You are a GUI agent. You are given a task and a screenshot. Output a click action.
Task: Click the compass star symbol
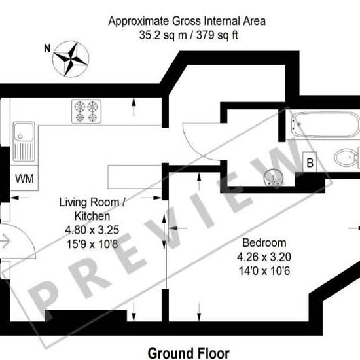coord(71,59)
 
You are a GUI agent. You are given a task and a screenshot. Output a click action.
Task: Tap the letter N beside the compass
coord(47,48)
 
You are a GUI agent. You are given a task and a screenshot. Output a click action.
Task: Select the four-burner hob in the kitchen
coord(86,111)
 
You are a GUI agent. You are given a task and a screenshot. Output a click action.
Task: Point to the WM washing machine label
coord(24,179)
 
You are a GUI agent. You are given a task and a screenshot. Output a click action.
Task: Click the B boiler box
coord(310,162)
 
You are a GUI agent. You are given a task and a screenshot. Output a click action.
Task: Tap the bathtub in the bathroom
coord(325,124)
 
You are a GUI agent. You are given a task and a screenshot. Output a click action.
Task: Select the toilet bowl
coord(347,158)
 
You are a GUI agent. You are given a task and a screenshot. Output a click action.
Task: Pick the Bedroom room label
coord(264,243)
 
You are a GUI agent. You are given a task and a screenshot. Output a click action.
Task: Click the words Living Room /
coord(92,202)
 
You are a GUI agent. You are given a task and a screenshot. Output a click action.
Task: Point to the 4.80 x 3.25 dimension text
coord(92,230)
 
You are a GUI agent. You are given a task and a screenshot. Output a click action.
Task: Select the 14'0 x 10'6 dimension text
coord(264,271)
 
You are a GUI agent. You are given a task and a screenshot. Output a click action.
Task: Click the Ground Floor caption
coord(189,353)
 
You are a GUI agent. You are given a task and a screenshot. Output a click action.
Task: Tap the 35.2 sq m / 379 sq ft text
coord(189,35)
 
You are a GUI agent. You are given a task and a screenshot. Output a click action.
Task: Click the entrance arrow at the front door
coord(5,241)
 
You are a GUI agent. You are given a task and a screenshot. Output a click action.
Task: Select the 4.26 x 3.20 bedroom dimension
coord(264,257)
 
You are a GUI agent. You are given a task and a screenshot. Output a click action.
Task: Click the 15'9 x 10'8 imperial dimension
coord(92,244)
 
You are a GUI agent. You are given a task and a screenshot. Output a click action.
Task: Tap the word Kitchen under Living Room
coord(92,216)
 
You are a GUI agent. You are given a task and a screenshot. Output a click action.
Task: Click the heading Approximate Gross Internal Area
coord(187,21)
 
